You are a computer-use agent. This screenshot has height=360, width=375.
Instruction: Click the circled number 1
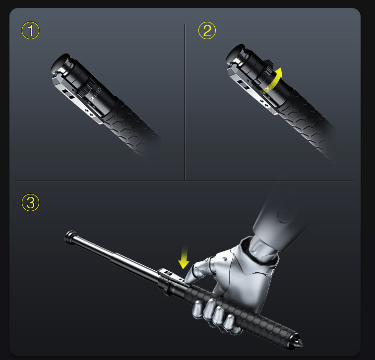coord(30,31)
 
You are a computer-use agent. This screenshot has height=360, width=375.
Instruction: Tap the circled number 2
coord(207,31)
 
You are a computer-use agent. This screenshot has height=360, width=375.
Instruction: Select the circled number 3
coord(30,202)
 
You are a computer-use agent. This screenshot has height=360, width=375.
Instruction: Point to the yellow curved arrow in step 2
coord(272,80)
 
